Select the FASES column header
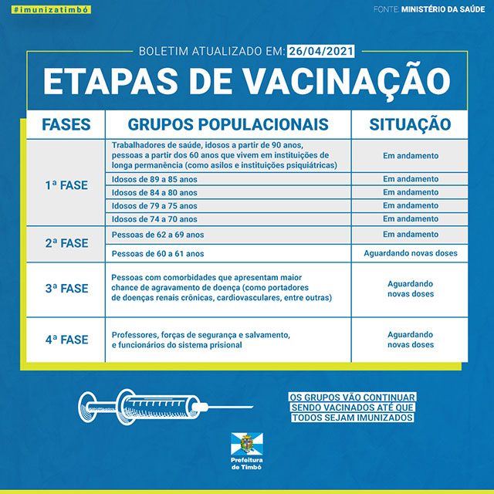click(66, 124)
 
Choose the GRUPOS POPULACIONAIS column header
click(228, 124)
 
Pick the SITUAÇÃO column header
click(410, 124)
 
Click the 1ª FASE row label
click(66, 186)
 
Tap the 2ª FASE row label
click(66, 242)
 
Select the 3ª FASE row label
click(66, 289)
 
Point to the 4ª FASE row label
click(66, 340)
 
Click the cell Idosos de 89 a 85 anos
click(154, 179)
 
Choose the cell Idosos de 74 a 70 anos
click(154, 219)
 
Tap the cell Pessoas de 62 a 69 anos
click(157, 235)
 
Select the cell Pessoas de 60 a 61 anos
click(157, 253)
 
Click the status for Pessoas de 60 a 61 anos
click(410, 253)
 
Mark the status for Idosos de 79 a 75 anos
click(410, 206)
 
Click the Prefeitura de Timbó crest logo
click(247, 444)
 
